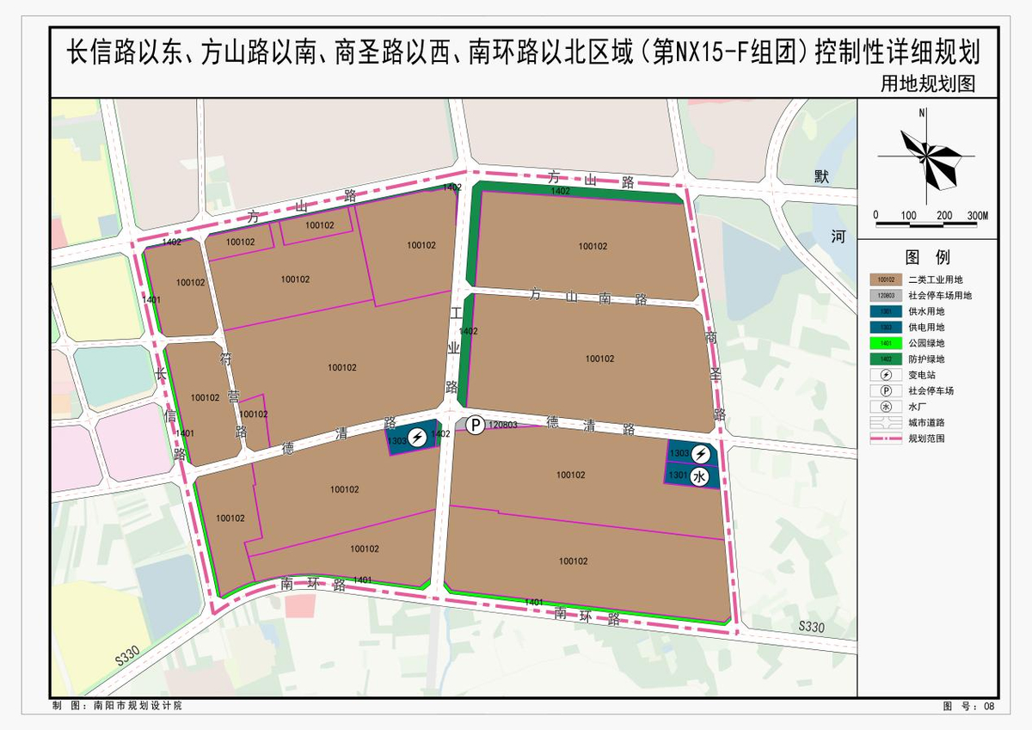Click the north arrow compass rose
coord(926,157)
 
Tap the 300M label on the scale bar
coord(977,215)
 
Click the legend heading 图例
coord(927,257)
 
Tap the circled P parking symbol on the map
coord(474,425)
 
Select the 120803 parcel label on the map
coord(503,425)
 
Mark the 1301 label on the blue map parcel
coord(678,474)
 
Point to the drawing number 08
coord(988,706)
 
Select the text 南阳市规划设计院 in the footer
coord(138,706)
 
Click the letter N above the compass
coord(921,113)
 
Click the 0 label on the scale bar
coord(875,215)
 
